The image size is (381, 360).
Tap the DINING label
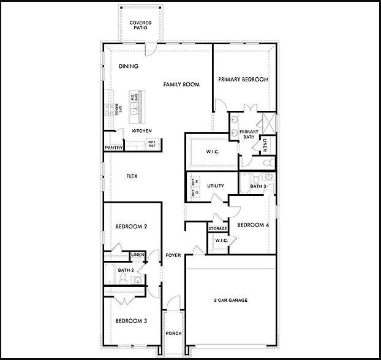[128, 67]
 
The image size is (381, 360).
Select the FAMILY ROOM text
[181, 84]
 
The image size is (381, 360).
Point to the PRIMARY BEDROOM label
[243, 80]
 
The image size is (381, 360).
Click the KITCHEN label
[141, 131]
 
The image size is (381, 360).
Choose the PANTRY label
[114, 148]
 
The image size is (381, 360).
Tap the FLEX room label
[131, 176]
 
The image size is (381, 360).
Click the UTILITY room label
[216, 186]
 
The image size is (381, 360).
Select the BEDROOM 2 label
[130, 227]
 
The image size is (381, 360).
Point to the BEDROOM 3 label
[130, 320]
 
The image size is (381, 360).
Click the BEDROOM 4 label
[253, 225]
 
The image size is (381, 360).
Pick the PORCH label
[173, 334]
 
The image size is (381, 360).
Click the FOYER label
[173, 255]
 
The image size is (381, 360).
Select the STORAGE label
[217, 228]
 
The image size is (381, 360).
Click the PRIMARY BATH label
[249, 135]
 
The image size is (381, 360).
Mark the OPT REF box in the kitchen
[152, 144]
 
